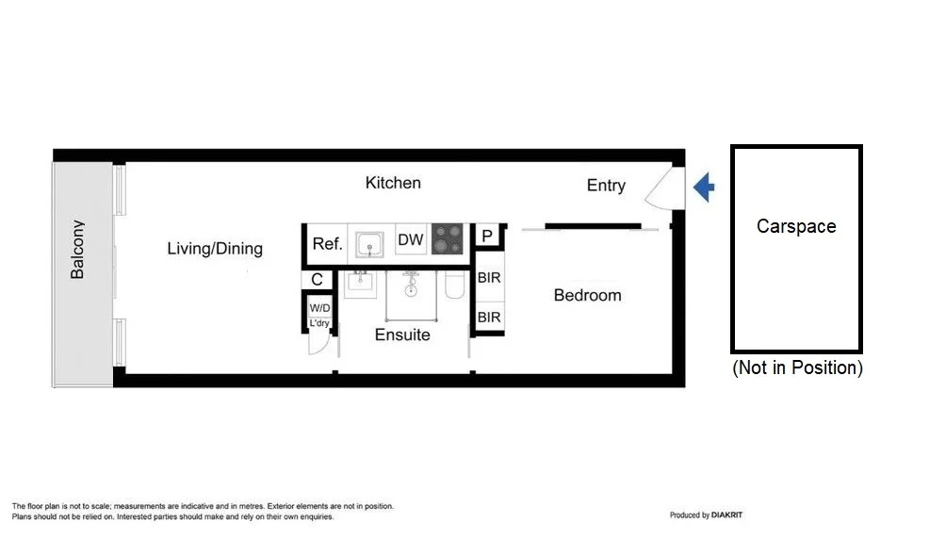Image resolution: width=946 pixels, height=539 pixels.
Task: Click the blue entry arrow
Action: (x=704, y=188)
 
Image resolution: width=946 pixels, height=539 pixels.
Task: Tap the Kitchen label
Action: (x=393, y=183)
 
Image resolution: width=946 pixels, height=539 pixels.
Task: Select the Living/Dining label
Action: (x=215, y=249)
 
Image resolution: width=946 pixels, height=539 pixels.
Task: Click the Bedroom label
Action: (x=587, y=295)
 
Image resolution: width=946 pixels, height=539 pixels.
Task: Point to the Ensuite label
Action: (x=402, y=335)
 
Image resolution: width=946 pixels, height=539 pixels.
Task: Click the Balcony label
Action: (x=77, y=250)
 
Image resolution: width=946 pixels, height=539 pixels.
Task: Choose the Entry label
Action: (x=606, y=186)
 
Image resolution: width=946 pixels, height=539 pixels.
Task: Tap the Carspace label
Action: (x=796, y=226)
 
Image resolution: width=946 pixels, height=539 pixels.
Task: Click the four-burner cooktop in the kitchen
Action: (x=449, y=239)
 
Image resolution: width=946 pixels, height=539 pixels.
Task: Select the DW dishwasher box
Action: (x=411, y=239)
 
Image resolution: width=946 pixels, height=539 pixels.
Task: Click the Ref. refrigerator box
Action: (x=327, y=244)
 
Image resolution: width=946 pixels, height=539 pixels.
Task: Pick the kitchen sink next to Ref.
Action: (x=371, y=242)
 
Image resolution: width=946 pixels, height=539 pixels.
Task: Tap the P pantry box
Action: (x=487, y=236)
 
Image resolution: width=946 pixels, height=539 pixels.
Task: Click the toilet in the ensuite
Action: (x=454, y=285)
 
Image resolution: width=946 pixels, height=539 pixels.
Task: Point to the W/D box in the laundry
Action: (x=319, y=307)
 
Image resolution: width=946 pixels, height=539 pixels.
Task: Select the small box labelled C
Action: (x=318, y=280)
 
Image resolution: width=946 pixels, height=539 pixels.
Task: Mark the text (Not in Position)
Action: (x=797, y=368)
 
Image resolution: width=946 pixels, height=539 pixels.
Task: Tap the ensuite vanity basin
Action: (x=360, y=283)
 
